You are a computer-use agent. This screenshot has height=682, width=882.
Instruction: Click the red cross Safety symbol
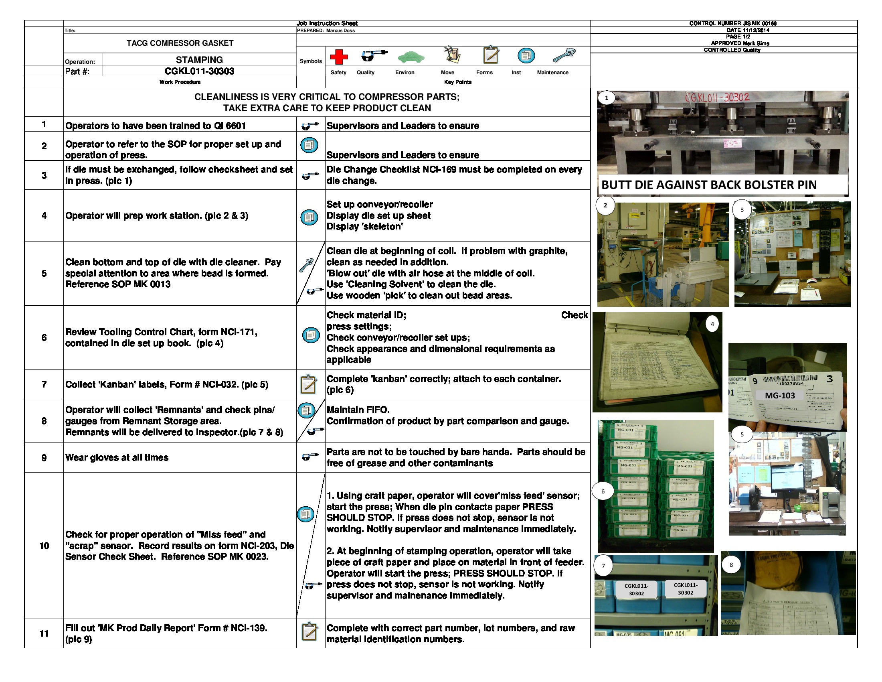pyautogui.click(x=339, y=57)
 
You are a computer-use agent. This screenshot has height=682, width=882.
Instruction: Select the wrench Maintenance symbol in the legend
pyautogui.click(x=564, y=55)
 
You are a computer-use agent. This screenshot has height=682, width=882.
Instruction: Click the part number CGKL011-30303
pyautogui.click(x=199, y=71)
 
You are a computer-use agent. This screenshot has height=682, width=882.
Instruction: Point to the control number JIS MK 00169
pyautogui.click(x=760, y=23)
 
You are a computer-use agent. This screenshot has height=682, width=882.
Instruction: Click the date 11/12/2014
pyautogui.click(x=756, y=30)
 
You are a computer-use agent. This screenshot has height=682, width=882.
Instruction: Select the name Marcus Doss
pyautogui.click(x=340, y=31)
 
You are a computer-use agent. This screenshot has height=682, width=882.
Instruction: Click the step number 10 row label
pyautogui.click(x=44, y=546)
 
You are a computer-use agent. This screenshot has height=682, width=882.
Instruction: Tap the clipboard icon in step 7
pyautogui.click(x=309, y=384)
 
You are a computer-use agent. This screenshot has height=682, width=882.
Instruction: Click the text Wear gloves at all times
pyautogui.click(x=117, y=457)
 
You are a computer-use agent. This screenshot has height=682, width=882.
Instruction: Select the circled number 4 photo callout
pyautogui.click(x=712, y=324)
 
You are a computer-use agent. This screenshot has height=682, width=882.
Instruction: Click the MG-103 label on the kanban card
pyautogui.click(x=780, y=396)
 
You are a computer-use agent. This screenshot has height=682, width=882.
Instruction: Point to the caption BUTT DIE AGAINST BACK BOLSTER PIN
pyautogui.click(x=709, y=185)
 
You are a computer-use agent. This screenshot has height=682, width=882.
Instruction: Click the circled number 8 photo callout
pyautogui.click(x=730, y=565)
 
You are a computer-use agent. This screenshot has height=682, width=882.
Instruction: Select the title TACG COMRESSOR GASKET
pyautogui.click(x=180, y=43)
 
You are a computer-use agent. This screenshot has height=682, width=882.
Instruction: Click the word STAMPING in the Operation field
pyautogui.click(x=199, y=60)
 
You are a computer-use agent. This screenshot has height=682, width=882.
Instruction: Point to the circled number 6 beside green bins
pyautogui.click(x=603, y=491)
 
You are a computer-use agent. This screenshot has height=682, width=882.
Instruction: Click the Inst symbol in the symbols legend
pyautogui.click(x=526, y=56)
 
